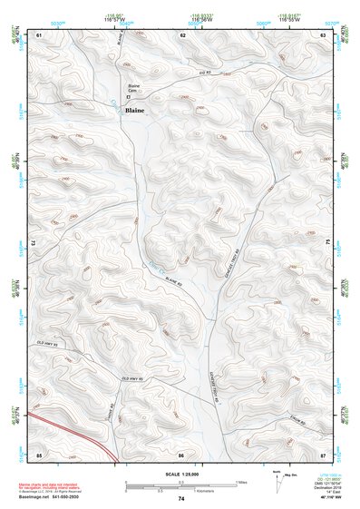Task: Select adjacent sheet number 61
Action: pyautogui.click(x=39, y=34)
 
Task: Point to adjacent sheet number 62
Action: pyautogui.click(x=182, y=34)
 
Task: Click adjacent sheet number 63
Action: pyautogui.click(x=324, y=34)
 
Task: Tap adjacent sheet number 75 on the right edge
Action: pyautogui.click(x=326, y=243)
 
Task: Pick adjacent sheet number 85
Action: pyautogui.click(x=39, y=453)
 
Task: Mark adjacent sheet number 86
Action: pyautogui.click(x=182, y=453)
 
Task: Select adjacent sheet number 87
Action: pyautogui.click(x=324, y=453)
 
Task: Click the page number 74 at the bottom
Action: pyautogui.click(x=181, y=499)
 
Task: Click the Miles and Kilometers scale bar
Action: pyautogui.click(x=181, y=484)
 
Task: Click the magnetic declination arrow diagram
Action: pyautogui.click(x=277, y=479)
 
